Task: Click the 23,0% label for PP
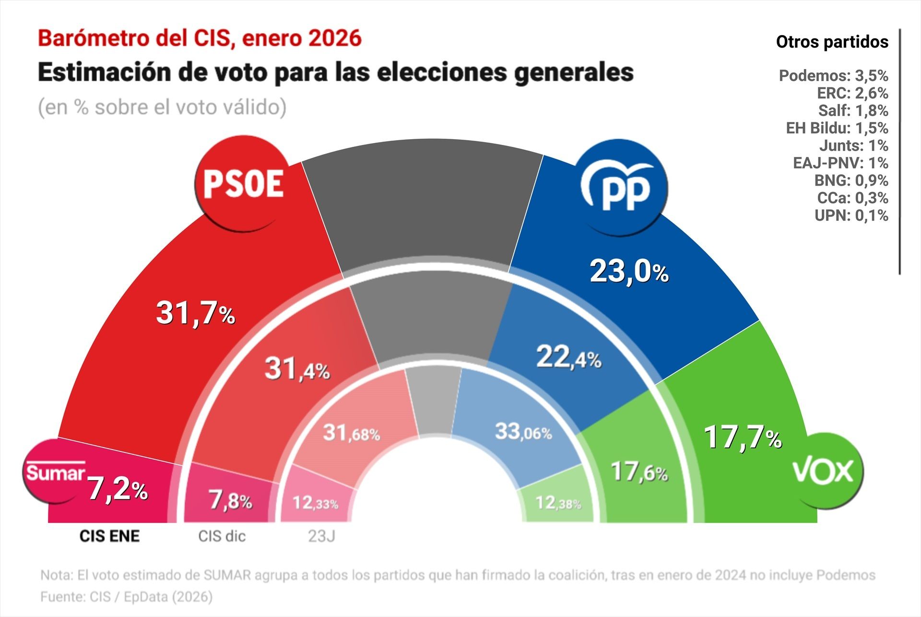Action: tap(629, 272)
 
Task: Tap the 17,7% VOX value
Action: tap(742, 438)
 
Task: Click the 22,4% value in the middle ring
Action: tap(568, 357)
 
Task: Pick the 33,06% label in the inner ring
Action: tap(523, 432)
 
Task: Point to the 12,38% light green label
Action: tap(558, 503)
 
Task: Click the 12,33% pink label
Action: tap(315, 503)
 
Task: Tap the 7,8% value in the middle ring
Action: tap(230, 501)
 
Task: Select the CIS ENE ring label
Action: tap(109, 536)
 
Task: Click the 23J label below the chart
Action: tap(321, 536)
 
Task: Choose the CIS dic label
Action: tap(222, 536)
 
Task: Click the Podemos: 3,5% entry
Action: tap(833, 75)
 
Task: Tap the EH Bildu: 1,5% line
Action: tap(837, 128)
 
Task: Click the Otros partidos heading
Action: tap(832, 42)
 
